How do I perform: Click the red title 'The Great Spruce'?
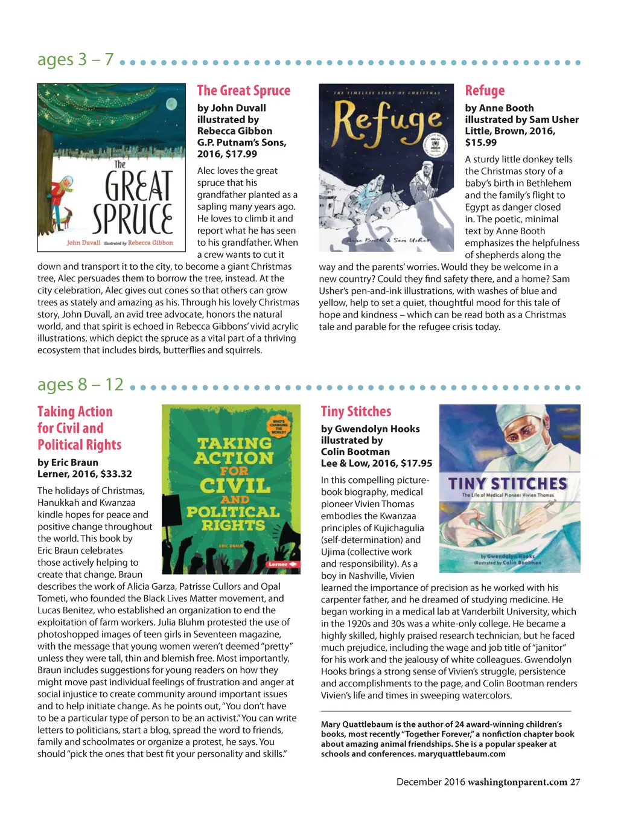[x=243, y=91]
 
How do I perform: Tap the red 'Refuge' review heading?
[x=485, y=91]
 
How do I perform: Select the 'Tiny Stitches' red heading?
[x=356, y=412]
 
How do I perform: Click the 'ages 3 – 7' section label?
[x=75, y=59]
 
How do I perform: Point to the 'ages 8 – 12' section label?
[x=80, y=385]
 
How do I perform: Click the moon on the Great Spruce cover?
[x=171, y=103]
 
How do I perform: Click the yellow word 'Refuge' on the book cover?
[x=386, y=121]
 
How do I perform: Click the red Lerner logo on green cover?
[x=282, y=564]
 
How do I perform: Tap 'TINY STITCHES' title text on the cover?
[x=508, y=484]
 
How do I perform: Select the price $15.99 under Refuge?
[x=481, y=142]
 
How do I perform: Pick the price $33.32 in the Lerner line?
[x=116, y=474]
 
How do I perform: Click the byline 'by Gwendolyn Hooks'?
[x=370, y=429]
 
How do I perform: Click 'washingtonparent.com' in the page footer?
[x=517, y=782]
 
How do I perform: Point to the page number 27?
[x=575, y=782]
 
